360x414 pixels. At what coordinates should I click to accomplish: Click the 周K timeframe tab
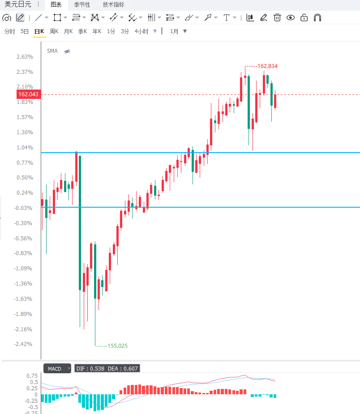(54, 31)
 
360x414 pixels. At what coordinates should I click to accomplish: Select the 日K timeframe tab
(39, 31)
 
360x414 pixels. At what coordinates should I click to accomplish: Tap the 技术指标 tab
(114, 4)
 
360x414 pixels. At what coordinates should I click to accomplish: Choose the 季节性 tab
(82, 4)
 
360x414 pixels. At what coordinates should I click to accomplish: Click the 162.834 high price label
(268, 66)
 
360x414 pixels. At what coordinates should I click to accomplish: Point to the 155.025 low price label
(117, 346)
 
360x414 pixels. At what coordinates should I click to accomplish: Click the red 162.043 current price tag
(29, 94)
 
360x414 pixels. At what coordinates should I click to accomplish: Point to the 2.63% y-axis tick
(25, 56)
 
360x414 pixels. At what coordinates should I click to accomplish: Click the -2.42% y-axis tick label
(23, 344)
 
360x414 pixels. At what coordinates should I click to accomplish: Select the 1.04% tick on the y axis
(25, 147)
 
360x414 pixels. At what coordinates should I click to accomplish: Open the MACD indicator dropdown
(57, 369)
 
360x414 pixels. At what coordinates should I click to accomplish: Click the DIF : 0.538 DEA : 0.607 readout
(107, 369)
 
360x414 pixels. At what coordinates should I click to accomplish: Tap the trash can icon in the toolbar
(277, 18)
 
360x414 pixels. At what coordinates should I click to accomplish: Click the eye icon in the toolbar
(291, 18)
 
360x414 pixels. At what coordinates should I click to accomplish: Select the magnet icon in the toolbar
(317, 18)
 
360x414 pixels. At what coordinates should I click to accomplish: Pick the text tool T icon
(227, 18)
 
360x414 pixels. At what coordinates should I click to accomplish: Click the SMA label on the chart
(52, 51)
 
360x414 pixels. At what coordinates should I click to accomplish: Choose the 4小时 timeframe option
(141, 31)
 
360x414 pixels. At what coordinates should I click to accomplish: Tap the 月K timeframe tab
(68, 31)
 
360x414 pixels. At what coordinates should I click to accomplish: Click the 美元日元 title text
(18, 4)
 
